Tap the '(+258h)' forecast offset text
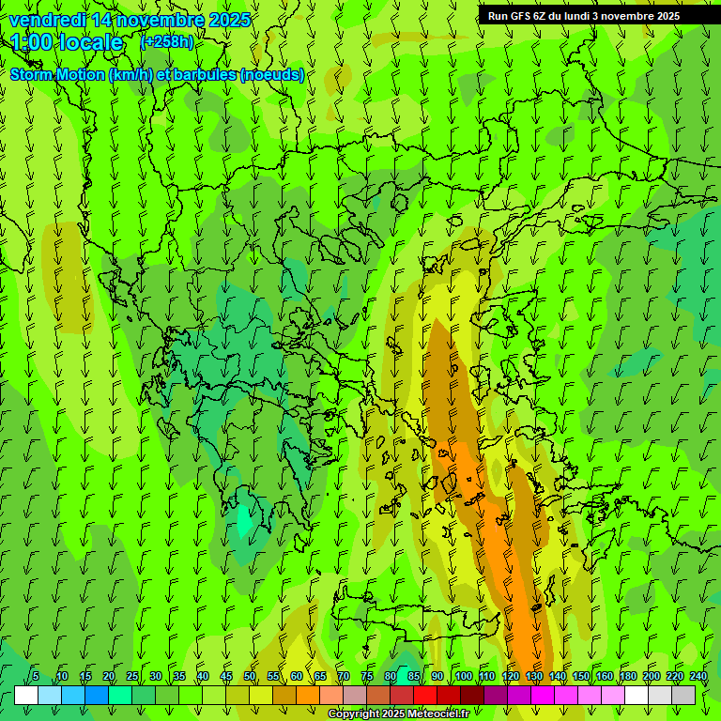pos(167,41)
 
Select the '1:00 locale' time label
pos(67,42)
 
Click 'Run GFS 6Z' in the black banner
pos(517,16)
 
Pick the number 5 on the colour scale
pos(35,677)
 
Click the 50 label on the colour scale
pos(249,677)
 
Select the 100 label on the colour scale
pos(463,677)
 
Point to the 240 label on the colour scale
pos(698,677)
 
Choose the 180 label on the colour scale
pos(627,677)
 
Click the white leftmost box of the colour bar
pos(26,695)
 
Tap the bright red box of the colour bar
pos(425,695)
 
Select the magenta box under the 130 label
pos(543,695)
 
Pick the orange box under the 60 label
pos(284,695)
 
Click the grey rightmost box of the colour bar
pos(683,695)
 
